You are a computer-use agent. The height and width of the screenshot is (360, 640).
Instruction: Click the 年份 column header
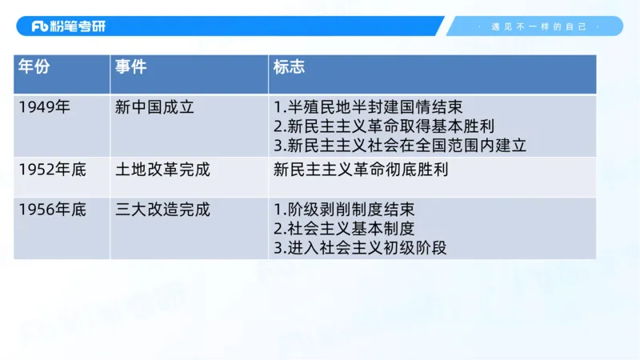[x=34, y=67]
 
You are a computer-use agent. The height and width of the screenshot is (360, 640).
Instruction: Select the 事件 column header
[x=130, y=67]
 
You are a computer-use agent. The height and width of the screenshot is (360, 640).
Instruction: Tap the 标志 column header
[x=289, y=67]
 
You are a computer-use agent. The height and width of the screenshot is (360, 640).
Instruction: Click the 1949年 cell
[x=45, y=106]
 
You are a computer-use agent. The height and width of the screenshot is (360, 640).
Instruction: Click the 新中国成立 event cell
[x=155, y=106]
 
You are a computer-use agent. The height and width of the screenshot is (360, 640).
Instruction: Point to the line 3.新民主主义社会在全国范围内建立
[x=400, y=146]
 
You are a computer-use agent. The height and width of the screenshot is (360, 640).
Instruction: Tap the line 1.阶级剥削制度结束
[x=344, y=210]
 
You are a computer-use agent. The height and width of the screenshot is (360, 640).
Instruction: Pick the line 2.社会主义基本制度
[x=344, y=229]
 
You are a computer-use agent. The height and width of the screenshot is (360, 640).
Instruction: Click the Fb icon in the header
[x=40, y=26]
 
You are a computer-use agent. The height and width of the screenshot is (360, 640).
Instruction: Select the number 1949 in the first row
[x=38, y=106]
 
